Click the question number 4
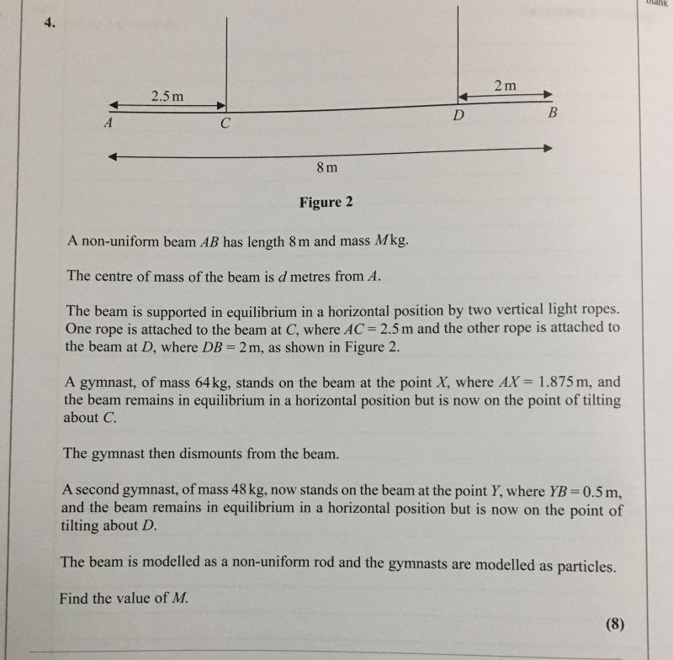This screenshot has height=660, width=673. pyautogui.click(x=50, y=23)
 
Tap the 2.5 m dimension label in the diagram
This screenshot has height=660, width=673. pyautogui.click(x=167, y=97)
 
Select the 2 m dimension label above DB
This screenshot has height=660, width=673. pyautogui.click(x=506, y=85)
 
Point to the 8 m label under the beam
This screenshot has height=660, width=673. pyautogui.click(x=327, y=167)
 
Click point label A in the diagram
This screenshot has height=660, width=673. pyautogui.click(x=108, y=122)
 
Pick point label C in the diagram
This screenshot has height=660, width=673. pyautogui.click(x=225, y=124)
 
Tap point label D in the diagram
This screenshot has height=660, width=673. pyautogui.click(x=458, y=115)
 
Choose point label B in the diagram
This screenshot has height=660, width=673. pyautogui.click(x=552, y=112)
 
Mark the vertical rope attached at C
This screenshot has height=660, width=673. pyautogui.click(x=227, y=59)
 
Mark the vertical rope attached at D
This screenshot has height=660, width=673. pyautogui.click(x=457, y=50)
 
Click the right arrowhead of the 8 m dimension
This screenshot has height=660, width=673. pyautogui.click(x=548, y=148)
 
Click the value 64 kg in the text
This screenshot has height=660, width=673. pyautogui.click(x=219, y=382)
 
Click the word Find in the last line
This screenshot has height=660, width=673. pyautogui.click(x=77, y=599)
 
